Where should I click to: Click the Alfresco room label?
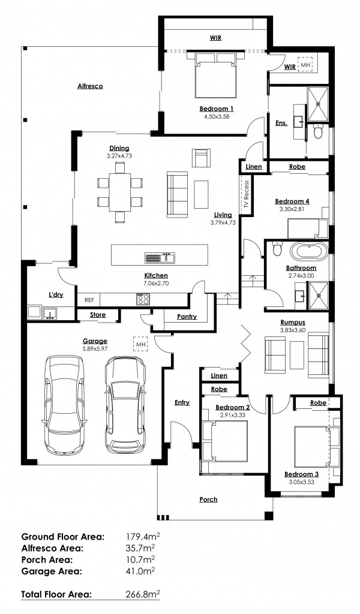[90, 86]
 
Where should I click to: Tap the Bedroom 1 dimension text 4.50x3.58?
[216, 117]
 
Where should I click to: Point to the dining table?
[120, 191]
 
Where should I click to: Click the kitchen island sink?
[160, 258]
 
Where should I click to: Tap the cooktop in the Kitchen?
[143, 299]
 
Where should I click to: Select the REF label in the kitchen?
[89, 300]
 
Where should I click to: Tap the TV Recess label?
[245, 194]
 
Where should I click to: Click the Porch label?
[208, 499]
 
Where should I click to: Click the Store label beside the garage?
[98, 314]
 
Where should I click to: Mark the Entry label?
[182, 402]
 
